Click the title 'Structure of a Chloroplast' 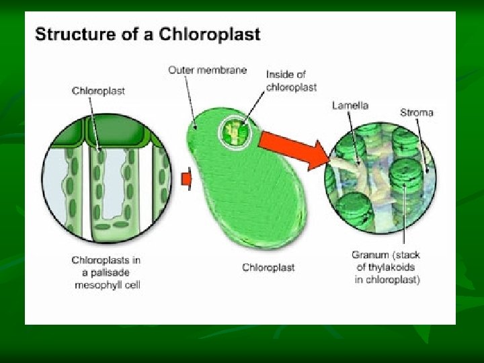coord(147,34)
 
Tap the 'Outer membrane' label coord(207,70)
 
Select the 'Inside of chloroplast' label coord(290,81)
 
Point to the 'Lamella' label coord(350,106)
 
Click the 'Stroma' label coord(417,112)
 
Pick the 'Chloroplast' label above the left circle coord(98,91)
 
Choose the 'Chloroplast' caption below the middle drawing coord(268,268)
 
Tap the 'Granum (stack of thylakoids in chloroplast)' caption coord(387,268)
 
